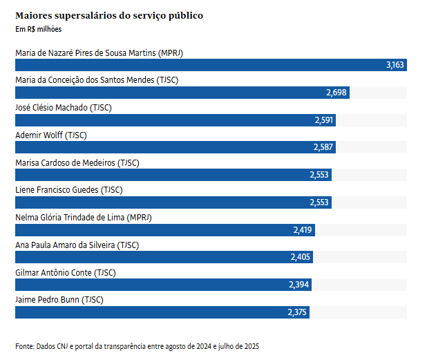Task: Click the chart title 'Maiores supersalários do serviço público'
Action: click(x=109, y=15)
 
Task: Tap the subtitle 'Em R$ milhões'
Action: click(x=38, y=29)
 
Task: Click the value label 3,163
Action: click(x=395, y=65)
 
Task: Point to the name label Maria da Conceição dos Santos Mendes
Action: click(x=97, y=80)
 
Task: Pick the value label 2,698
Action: click(x=336, y=93)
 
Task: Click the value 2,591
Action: click(x=324, y=120)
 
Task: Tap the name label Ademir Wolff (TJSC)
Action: click(x=51, y=135)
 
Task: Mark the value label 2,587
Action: click(x=323, y=147)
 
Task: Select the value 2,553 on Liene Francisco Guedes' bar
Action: click(x=319, y=202)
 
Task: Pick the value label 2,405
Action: click(x=301, y=257)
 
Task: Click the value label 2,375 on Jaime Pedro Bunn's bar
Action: click(x=298, y=312)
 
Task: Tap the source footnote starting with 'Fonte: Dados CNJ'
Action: click(x=137, y=345)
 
